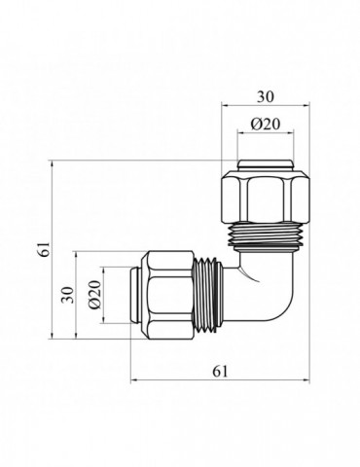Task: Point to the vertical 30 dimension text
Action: click(68, 295)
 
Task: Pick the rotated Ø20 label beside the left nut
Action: click(94, 296)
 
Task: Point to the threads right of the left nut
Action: click(206, 293)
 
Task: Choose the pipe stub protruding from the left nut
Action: click(135, 294)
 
